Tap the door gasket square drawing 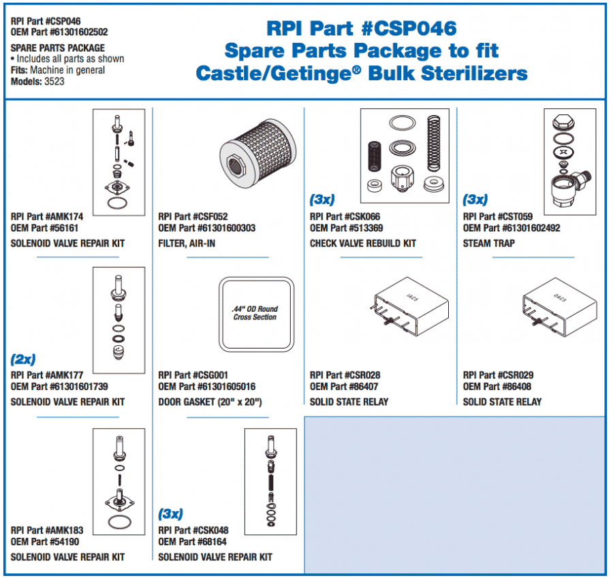click(x=255, y=313)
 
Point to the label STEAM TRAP click(x=488, y=244)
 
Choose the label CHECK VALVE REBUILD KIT click(x=362, y=244)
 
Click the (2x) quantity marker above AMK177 click(x=23, y=359)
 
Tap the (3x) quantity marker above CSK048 click(x=170, y=514)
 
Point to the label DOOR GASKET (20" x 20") click(x=210, y=402)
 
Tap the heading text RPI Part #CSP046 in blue click(x=361, y=29)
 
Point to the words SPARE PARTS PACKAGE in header click(x=58, y=48)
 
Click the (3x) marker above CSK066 click(x=322, y=200)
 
